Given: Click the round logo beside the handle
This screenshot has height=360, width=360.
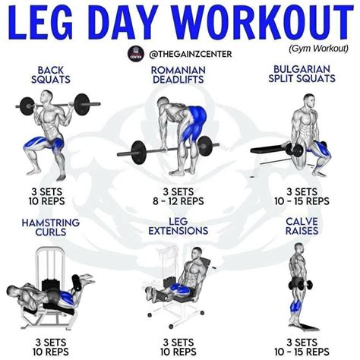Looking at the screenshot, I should click(137, 55).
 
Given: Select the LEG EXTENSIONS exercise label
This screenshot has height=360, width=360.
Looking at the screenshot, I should click(179, 226).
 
